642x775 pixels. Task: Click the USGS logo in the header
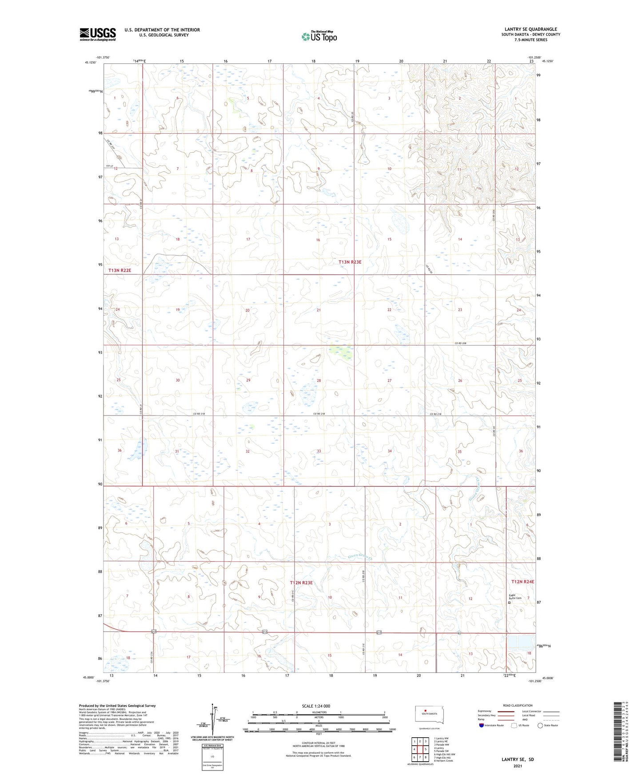click(98, 34)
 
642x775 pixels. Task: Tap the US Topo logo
click(319, 36)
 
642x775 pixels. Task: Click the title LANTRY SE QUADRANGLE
click(530, 29)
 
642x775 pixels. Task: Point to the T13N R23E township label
click(350, 262)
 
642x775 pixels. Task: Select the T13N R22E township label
click(120, 270)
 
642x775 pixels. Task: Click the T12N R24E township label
click(522, 581)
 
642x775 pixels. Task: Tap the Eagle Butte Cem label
click(515, 597)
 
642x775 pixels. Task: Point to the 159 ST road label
click(110, 166)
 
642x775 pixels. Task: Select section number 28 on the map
click(319, 380)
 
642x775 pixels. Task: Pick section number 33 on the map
click(319, 451)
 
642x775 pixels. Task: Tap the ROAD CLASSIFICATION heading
click(518, 705)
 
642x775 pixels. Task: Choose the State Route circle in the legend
click(540, 725)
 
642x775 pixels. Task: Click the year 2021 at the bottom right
click(517, 766)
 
